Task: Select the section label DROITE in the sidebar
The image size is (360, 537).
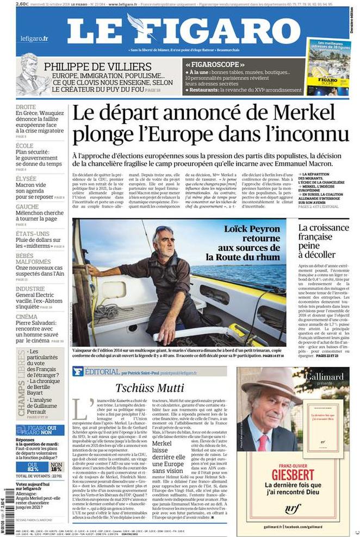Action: [26, 107]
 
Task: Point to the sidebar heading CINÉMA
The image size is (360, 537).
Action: [27, 316]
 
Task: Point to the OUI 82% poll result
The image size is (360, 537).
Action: [33, 466]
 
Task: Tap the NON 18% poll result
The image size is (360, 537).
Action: [57, 466]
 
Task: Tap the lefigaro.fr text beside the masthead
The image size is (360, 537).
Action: [34, 39]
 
